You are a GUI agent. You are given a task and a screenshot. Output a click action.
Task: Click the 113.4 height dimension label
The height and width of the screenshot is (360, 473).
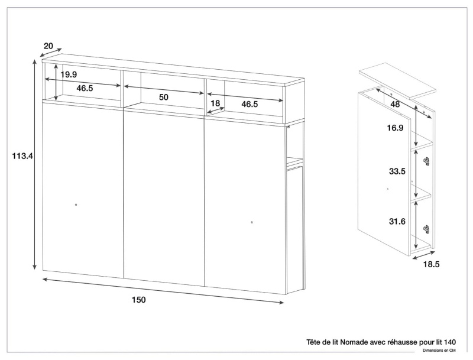[x=22, y=156]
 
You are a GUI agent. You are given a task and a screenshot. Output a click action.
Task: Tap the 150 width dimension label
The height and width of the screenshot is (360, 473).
[x=139, y=300]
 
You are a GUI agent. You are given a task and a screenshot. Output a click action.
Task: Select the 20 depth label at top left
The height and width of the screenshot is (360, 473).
[x=48, y=46]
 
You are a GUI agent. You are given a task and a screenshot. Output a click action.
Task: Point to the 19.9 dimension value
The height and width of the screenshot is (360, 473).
[x=69, y=74]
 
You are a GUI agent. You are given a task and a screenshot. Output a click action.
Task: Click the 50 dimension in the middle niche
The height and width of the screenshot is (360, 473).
[x=164, y=97]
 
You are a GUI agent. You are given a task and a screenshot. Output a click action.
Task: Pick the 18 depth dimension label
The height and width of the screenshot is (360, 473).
[x=215, y=103]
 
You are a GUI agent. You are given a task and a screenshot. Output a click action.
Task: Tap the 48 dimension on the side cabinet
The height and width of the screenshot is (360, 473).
[x=395, y=104]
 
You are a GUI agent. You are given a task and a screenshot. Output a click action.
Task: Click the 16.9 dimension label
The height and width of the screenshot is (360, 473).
[x=395, y=128]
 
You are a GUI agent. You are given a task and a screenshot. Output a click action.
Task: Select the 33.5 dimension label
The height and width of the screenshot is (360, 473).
[x=397, y=171]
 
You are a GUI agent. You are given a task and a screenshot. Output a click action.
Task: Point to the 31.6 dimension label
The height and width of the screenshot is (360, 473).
[x=397, y=222]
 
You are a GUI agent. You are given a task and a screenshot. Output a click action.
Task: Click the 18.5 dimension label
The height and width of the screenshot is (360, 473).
[x=432, y=264]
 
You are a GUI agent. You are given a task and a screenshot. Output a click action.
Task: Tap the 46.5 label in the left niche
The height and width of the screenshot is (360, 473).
[x=85, y=88]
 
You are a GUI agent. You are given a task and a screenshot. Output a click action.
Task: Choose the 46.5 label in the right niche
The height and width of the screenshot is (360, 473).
[x=250, y=104]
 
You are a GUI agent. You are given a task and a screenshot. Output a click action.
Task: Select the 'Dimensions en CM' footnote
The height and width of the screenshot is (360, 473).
[x=439, y=351]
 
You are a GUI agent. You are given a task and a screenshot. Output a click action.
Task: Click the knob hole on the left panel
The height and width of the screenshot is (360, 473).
[x=76, y=205]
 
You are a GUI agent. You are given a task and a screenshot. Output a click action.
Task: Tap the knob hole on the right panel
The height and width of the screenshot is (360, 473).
[x=252, y=222]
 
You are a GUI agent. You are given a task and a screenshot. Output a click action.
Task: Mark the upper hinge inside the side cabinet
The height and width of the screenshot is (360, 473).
[x=426, y=161]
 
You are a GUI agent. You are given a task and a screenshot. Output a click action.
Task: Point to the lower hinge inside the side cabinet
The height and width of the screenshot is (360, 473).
[x=426, y=229]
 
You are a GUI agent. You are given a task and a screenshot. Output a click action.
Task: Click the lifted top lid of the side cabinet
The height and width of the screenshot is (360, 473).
[x=398, y=80]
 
